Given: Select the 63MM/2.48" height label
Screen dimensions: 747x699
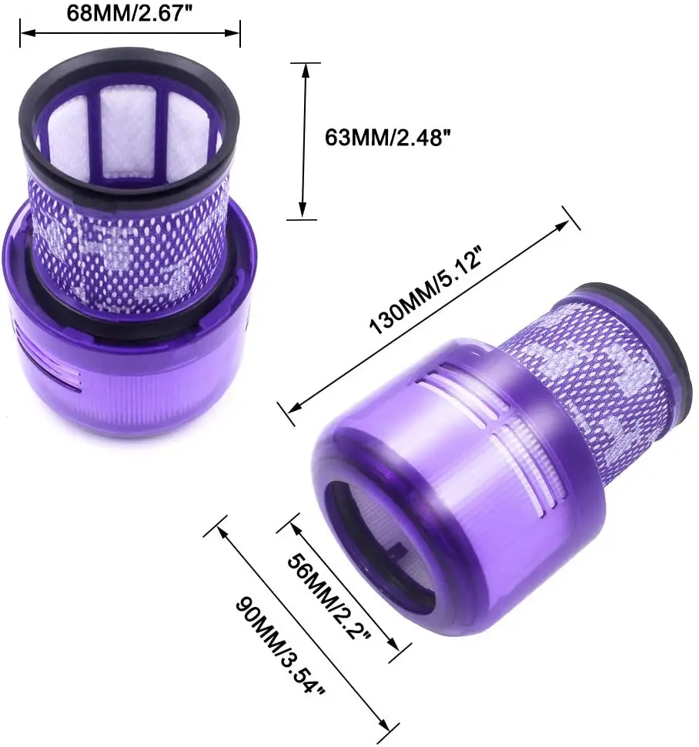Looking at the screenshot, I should pyautogui.click(x=386, y=138).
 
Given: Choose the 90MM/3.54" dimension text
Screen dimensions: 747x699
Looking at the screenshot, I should pyautogui.click(x=280, y=643).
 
